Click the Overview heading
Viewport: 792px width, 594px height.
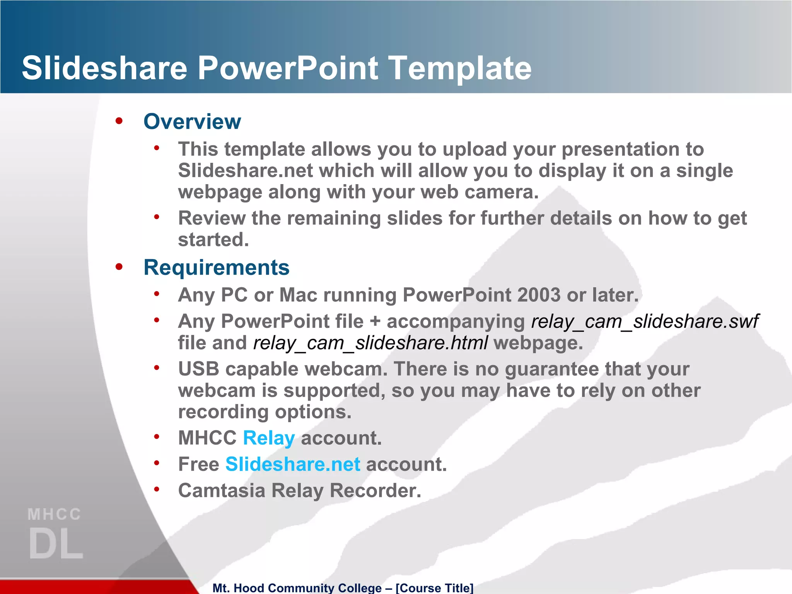[192, 122]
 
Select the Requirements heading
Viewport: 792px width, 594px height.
[216, 268]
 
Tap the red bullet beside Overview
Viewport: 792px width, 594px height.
[119, 121]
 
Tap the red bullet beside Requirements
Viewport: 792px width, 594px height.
[119, 267]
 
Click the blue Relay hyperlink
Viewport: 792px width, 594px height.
[269, 439]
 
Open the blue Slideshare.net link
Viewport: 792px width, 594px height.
[293, 464]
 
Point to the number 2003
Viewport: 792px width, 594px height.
[539, 295]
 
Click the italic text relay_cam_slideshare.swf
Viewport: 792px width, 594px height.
[645, 321]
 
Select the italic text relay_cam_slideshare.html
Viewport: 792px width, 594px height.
[370, 343]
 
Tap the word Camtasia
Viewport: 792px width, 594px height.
[222, 491]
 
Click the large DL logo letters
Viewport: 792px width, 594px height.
[56, 544]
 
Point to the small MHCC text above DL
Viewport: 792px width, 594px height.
[54, 514]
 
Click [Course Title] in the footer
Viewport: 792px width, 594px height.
[434, 588]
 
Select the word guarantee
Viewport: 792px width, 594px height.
[552, 369]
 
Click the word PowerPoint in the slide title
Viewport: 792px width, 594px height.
[288, 68]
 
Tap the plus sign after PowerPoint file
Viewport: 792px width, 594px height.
[375, 322]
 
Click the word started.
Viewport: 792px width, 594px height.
[213, 240]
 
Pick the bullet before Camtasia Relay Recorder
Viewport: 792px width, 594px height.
[157, 490]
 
